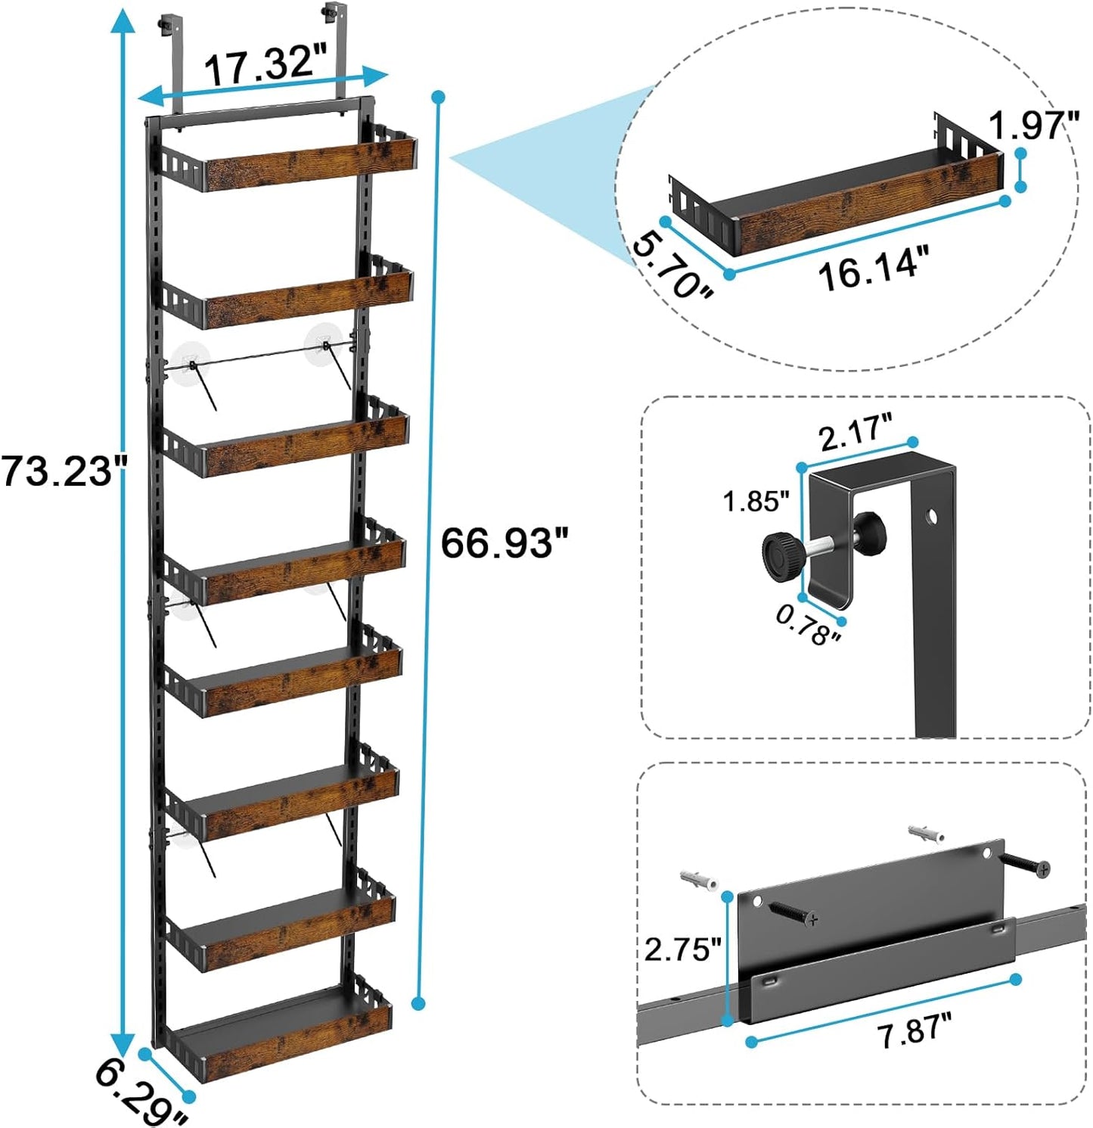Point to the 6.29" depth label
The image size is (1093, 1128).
point(141,1095)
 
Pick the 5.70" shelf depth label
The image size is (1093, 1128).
point(672,267)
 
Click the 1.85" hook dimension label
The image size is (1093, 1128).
point(756,501)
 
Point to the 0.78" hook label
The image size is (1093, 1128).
point(808,625)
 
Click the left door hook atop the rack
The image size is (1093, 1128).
point(168,61)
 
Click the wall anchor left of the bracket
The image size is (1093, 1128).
point(697,880)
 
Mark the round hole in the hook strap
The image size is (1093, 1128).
point(932,517)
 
